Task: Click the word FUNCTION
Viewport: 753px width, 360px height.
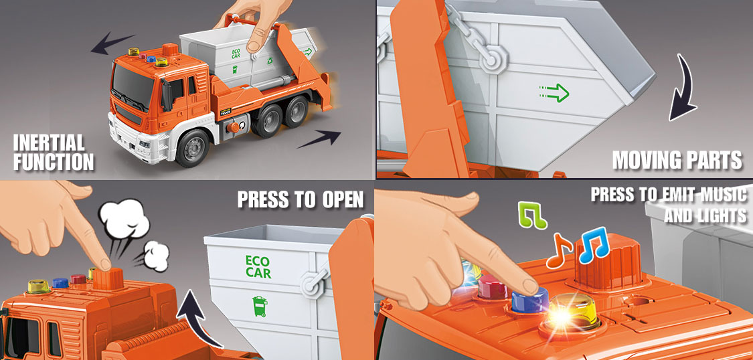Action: (x=54, y=161)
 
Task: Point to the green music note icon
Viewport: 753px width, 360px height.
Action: (x=532, y=215)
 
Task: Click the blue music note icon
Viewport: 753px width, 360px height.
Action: (x=594, y=245)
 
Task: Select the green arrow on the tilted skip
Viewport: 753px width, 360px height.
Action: (x=554, y=92)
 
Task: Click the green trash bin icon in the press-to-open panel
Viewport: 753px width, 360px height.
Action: (x=260, y=306)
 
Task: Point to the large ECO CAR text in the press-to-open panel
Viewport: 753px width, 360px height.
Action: (x=258, y=267)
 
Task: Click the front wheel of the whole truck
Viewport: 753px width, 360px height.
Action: (x=192, y=149)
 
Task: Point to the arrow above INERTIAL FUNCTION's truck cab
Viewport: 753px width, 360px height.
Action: (x=112, y=43)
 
